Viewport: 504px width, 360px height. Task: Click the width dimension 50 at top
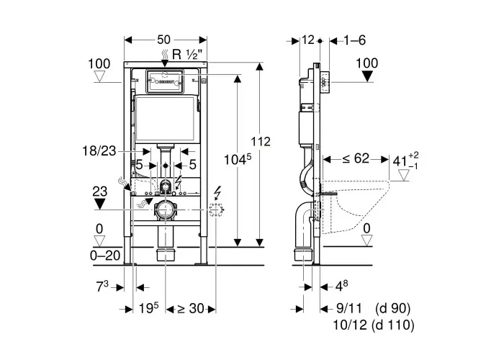(x=164, y=40)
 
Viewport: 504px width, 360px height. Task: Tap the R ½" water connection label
(x=185, y=54)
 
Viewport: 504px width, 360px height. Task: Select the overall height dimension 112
(x=261, y=141)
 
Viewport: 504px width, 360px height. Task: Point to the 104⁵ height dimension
(x=237, y=159)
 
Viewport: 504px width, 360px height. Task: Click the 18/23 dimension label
(x=99, y=150)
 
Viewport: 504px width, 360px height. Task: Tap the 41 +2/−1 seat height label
(x=405, y=161)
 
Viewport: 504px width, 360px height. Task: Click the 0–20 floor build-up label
(x=105, y=256)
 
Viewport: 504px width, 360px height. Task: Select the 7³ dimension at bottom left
(x=102, y=287)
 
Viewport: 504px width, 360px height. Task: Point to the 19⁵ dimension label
(x=149, y=308)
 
